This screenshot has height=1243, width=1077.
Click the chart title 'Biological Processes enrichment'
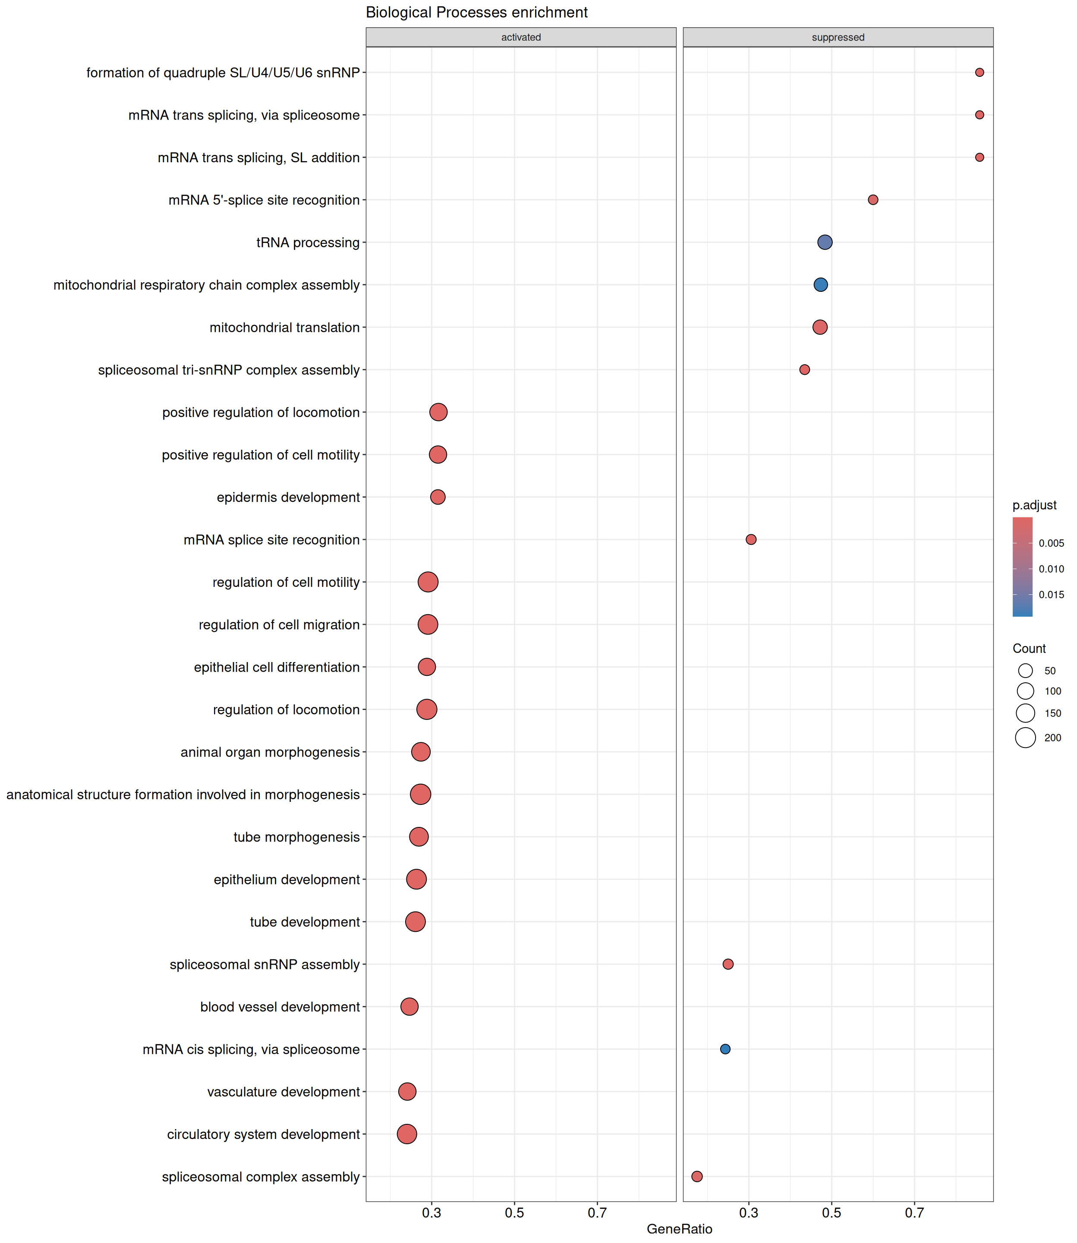click(x=477, y=13)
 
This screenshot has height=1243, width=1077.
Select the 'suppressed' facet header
click(x=838, y=37)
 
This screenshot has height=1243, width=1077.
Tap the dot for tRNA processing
click(x=825, y=242)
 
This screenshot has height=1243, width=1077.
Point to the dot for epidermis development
click(x=438, y=497)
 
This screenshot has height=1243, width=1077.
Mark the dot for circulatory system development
click(x=407, y=1134)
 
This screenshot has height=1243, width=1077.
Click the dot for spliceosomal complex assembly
click(x=697, y=1176)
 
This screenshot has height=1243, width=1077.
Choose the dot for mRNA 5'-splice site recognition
click(x=873, y=199)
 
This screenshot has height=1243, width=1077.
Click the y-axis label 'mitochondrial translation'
click(x=284, y=328)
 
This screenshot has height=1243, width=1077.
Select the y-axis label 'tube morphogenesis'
click(x=296, y=837)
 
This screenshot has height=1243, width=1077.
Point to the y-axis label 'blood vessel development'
click(x=280, y=1007)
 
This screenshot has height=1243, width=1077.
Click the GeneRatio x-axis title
click(x=679, y=1229)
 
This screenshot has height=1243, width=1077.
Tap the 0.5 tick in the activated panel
click(x=514, y=1213)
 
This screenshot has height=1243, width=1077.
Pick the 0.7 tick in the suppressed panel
click(x=914, y=1213)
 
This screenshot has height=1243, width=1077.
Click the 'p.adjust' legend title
click(x=1034, y=505)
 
